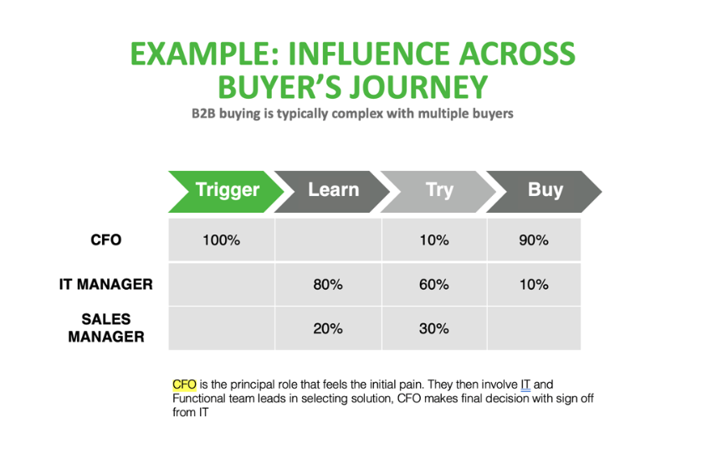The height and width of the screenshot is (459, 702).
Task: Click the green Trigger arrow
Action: click(x=222, y=190)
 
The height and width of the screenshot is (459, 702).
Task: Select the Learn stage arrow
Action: click(x=332, y=190)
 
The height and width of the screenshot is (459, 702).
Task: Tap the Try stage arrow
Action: click(x=438, y=190)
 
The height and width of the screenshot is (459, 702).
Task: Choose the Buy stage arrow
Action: click(x=544, y=190)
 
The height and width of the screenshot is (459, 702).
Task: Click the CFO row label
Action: click(x=105, y=240)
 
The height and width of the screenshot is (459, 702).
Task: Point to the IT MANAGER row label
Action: click(x=105, y=284)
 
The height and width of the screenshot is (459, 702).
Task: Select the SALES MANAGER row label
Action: click(x=105, y=328)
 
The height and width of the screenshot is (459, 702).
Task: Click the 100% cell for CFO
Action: click(x=221, y=240)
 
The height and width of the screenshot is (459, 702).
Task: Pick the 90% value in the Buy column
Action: click(x=534, y=240)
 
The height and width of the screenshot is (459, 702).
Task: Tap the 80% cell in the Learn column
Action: click(x=327, y=285)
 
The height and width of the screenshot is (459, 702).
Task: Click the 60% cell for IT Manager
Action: click(x=433, y=285)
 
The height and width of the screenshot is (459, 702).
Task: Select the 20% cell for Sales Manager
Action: click(x=327, y=328)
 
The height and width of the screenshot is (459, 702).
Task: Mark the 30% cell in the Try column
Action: click(x=433, y=328)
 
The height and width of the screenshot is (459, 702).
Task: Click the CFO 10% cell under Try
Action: click(x=433, y=240)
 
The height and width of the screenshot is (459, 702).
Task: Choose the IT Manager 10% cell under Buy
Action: click(x=534, y=285)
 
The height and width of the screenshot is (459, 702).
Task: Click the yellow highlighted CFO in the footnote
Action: click(x=184, y=384)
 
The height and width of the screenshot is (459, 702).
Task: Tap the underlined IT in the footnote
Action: click(x=525, y=384)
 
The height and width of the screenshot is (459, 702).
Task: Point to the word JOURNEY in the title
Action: click(x=410, y=86)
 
